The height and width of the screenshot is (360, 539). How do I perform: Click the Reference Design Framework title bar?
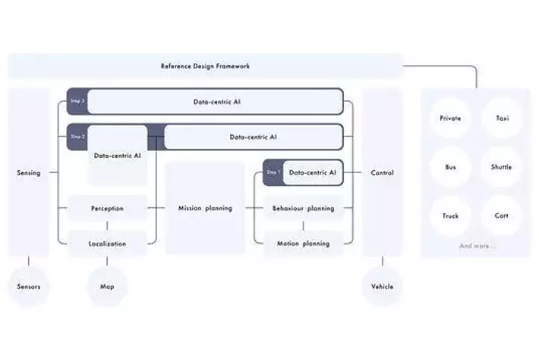(x=205, y=66)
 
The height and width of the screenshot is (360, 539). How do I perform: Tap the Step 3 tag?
(x=77, y=100)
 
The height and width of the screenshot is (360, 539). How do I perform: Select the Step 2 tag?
(x=77, y=137)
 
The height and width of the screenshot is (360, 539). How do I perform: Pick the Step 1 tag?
(x=273, y=173)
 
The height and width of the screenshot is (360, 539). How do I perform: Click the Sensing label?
(x=29, y=173)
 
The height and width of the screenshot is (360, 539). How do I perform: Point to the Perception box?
(x=107, y=208)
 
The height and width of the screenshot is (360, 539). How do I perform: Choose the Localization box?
(x=107, y=244)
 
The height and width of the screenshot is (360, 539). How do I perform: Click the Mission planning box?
(x=205, y=208)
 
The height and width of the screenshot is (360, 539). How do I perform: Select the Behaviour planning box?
(x=303, y=208)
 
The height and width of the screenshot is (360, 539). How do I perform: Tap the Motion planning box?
(x=303, y=244)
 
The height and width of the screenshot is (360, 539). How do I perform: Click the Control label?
(x=382, y=173)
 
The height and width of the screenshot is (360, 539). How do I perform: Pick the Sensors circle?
(x=29, y=286)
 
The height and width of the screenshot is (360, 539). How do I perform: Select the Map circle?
(x=107, y=286)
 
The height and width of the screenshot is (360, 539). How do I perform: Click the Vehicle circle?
(x=382, y=286)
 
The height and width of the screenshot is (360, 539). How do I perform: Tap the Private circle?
(x=450, y=118)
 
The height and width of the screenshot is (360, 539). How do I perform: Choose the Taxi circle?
(x=502, y=118)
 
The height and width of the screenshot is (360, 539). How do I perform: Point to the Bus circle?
(x=450, y=167)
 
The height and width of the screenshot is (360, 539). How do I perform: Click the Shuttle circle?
(x=502, y=167)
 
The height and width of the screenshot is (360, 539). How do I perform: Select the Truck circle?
(x=450, y=216)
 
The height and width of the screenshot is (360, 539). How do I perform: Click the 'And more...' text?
(x=477, y=246)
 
